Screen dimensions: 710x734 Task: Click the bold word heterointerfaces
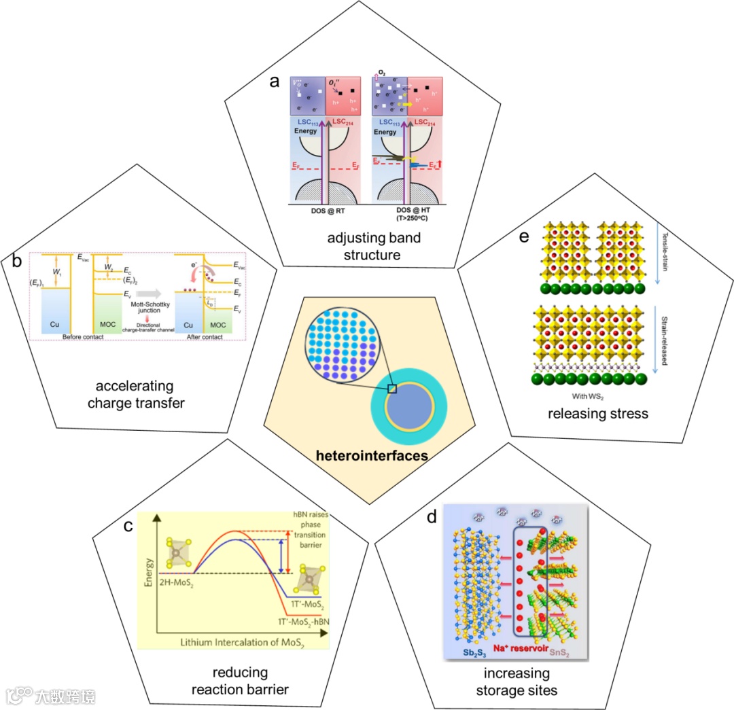tap(371, 455)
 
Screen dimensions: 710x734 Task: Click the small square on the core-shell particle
tap(391, 389)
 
